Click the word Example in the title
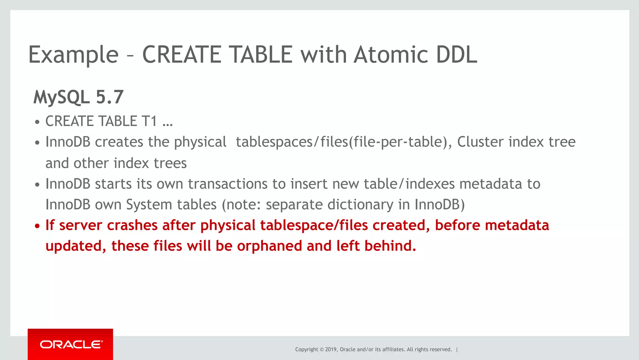coord(73,55)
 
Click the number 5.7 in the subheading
coord(110,97)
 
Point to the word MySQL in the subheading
coord(61,97)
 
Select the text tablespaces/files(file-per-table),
coord(344,142)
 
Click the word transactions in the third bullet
coord(228,184)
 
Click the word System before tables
coord(149,205)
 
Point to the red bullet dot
coord(37,226)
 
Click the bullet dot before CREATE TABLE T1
coord(37,122)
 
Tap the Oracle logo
coord(71,344)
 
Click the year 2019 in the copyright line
coord(331,349)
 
